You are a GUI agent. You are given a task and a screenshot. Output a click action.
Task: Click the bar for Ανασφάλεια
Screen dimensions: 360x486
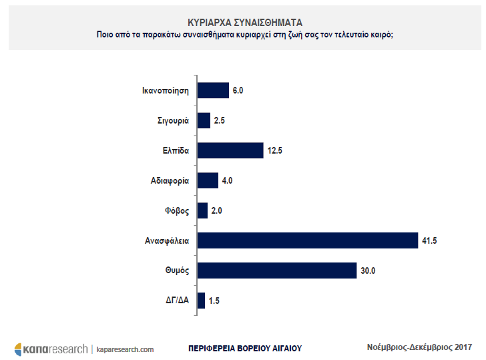tap(307, 240)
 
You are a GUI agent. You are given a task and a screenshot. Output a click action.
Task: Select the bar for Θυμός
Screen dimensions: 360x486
tap(277, 271)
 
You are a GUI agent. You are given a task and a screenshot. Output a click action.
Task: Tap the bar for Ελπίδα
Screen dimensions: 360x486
tap(230, 150)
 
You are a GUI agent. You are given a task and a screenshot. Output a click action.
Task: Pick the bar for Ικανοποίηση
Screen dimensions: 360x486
tap(213, 90)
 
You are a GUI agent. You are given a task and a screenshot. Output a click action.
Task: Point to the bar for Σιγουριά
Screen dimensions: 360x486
tap(204, 120)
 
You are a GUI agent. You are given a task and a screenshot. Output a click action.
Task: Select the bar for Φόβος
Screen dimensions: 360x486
tap(202, 210)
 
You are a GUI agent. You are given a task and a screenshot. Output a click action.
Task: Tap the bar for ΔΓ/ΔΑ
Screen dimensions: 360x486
tap(201, 301)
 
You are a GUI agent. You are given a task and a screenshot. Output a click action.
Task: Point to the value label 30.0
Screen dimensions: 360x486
tap(369, 271)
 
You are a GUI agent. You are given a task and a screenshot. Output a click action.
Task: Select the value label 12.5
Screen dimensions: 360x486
tap(276, 150)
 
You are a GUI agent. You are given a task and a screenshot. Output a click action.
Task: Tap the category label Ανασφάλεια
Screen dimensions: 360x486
tap(168, 240)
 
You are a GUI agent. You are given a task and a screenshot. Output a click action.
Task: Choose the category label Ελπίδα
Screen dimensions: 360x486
tap(176, 150)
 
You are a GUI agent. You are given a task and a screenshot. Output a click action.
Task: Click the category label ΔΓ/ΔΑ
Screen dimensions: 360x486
tap(178, 301)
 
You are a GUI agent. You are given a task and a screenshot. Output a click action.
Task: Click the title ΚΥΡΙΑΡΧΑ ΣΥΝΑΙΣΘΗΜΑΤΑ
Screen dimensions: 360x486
tap(244, 22)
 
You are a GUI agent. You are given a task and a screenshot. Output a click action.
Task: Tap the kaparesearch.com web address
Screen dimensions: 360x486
tap(126, 349)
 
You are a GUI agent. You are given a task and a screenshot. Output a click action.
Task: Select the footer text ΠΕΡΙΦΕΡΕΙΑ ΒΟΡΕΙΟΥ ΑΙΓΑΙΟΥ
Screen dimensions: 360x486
tap(245, 348)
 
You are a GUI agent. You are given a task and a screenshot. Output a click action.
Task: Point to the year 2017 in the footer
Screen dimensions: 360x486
tap(462, 347)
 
